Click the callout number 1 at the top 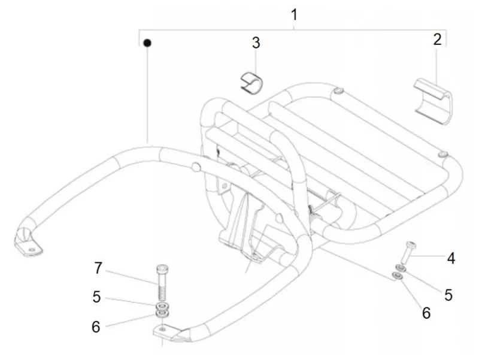pyautogui.click(x=294, y=14)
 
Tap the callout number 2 pyautogui.click(x=438, y=40)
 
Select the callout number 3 pyautogui.click(x=256, y=43)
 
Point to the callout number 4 pyautogui.click(x=451, y=258)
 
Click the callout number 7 pyautogui.click(x=98, y=268)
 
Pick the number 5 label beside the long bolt pyautogui.click(x=96, y=297)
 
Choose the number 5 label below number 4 pyautogui.click(x=448, y=295)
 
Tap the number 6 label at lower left pyautogui.click(x=96, y=326)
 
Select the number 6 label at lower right pyautogui.click(x=426, y=313)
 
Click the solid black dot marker pyautogui.click(x=147, y=43)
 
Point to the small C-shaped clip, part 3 pyautogui.click(x=251, y=83)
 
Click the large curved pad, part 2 pyautogui.click(x=433, y=101)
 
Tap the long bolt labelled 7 pyautogui.click(x=162, y=282)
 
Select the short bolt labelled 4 pyautogui.click(x=408, y=252)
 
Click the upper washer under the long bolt pyautogui.click(x=162, y=306)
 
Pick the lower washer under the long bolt pyautogui.click(x=162, y=313)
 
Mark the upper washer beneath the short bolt pyautogui.click(x=401, y=268)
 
